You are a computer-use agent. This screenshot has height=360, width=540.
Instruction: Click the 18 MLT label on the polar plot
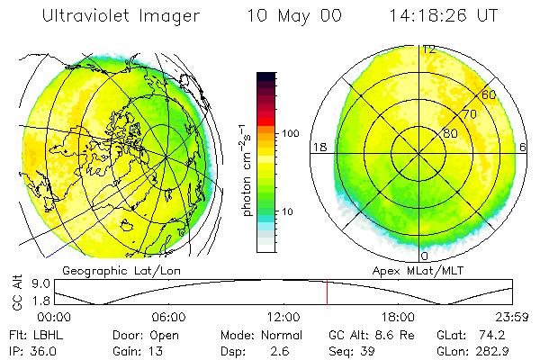click(x=319, y=147)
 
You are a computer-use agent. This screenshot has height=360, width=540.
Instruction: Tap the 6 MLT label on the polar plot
click(x=525, y=147)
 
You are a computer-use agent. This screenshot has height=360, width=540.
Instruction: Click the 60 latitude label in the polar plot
click(x=490, y=94)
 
